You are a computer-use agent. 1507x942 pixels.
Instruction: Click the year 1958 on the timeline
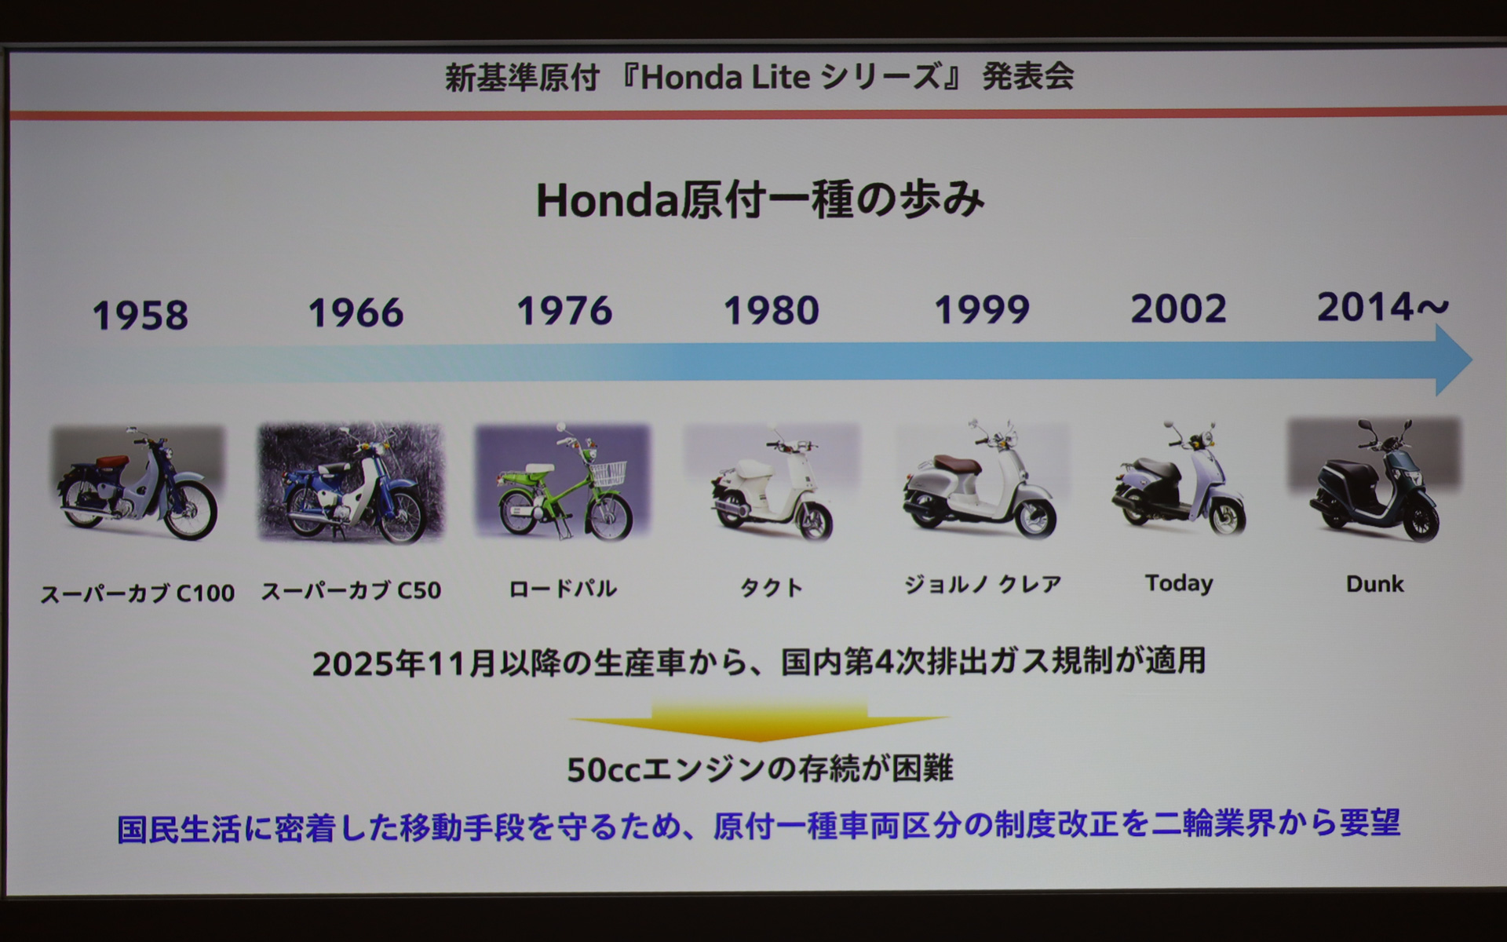140,316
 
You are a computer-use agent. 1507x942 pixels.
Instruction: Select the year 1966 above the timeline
356,313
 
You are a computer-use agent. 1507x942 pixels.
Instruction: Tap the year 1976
564,311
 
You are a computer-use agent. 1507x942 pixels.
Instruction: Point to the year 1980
771,311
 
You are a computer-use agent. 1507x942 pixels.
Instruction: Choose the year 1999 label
981,310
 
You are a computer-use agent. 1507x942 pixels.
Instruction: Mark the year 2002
1178,309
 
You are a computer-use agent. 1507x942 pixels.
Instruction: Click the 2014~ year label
1382,307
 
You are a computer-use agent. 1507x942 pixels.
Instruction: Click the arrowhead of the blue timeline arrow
1452,360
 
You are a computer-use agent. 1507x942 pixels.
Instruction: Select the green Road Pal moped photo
564,482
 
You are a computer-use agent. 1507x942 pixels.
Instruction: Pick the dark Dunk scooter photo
1374,480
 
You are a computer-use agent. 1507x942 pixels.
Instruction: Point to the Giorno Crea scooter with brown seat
981,480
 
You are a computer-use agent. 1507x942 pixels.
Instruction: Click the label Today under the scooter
1178,583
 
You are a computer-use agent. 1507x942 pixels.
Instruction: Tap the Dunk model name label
1374,584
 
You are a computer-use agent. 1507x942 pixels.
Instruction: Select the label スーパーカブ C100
137,593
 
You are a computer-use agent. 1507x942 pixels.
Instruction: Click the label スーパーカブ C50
351,590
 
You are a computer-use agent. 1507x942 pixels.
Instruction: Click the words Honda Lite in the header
725,77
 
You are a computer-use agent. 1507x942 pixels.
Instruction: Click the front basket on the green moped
609,472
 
